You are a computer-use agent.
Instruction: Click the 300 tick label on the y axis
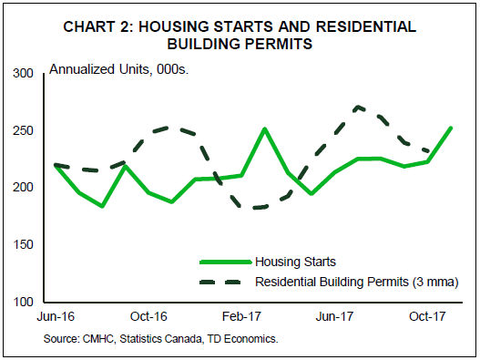pyautogui.click(x=23, y=74)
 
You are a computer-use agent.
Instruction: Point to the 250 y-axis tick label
pyautogui.click(x=23, y=131)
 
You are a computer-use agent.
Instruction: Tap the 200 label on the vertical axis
pyautogui.click(x=23, y=187)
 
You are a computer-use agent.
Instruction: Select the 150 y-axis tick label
pyautogui.click(x=23, y=245)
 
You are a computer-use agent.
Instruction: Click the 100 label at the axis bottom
pyautogui.click(x=23, y=302)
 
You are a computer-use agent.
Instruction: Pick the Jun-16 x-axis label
pyautogui.click(x=56, y=316)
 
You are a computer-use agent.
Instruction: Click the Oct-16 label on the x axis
pyautogui.click(x=148, y=316)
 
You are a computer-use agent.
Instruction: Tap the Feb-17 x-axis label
pyautogui.click(x=241, y=316)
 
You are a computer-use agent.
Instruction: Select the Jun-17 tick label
pyautogui.click(x=334, y=316)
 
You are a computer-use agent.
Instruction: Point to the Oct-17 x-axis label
pyautogui.click(x=427, y=316)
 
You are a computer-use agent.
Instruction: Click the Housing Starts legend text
pyautogui.click(x=295, y=262)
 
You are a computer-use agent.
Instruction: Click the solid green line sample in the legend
pyautogui.click(x=226, y=262)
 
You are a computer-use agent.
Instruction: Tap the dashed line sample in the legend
pyautogui.click(x=220, y=282)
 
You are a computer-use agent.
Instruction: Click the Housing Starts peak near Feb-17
pyautogui.click(x=265, y=129)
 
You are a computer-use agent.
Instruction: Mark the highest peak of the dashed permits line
pyautogui.click(x=358, y=107)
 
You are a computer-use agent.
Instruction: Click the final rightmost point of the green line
pyautogui.click(x=451, y=129)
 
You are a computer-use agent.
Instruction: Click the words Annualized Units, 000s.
pyautogui.click(x=118, y=70)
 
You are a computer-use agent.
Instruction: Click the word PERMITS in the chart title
pyautogui.click(x=280, y=44)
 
